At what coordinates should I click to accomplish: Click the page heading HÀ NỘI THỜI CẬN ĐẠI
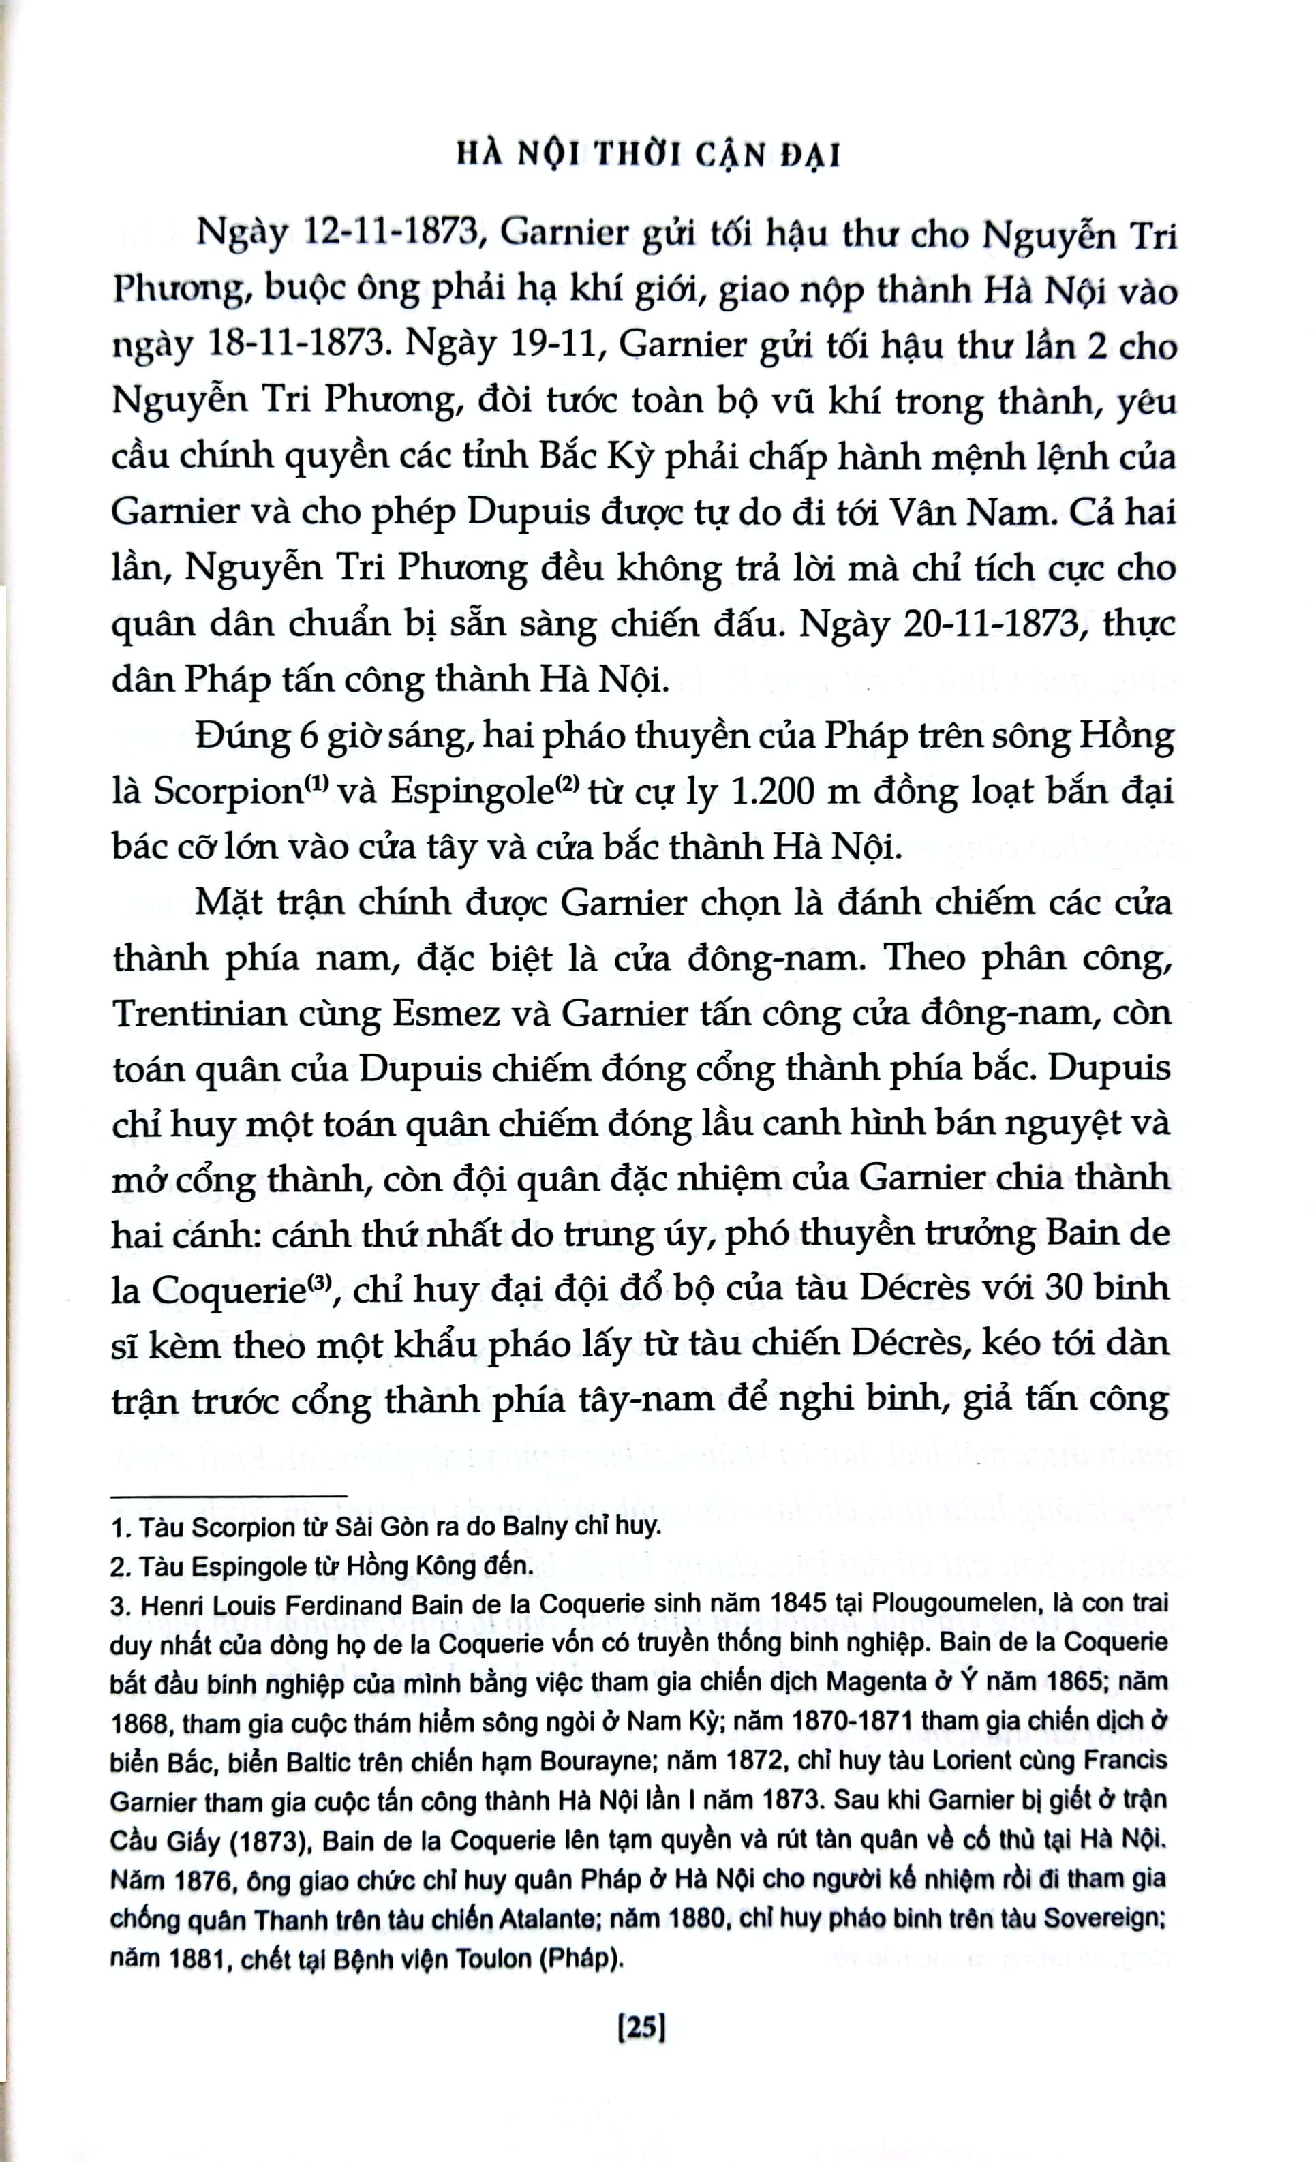click(649, 155)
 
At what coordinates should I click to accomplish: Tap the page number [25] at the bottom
click(643, 2027)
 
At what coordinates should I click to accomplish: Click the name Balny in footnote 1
click(536, 1527)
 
